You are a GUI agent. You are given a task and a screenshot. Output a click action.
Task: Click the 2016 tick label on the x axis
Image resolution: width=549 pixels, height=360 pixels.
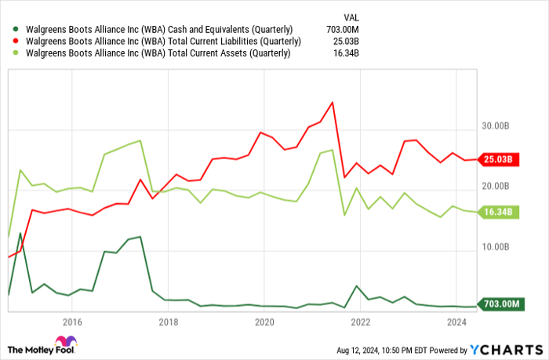pyautogui.click(x=72, y=322)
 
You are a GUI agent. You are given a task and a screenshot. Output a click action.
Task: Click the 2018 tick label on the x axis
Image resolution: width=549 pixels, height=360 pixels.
pyautogui.click(x=169, y=322)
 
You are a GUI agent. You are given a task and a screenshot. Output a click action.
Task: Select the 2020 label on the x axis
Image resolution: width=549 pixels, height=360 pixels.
pyautogui.click(x=264, y=322)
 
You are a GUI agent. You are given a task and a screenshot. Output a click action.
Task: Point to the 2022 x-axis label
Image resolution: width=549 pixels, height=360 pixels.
pyautogui.click(x=361, y=322)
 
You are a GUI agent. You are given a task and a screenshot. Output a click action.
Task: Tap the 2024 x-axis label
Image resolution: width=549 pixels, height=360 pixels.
pyautogui.click(x=456, y=322)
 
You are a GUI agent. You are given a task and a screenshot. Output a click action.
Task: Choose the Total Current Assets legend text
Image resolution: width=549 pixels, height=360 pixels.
pyautogui.click(x=156, y=53)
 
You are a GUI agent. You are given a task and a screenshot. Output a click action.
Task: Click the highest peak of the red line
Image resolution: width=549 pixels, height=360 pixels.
pyautogui.click(x=332, y=102)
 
